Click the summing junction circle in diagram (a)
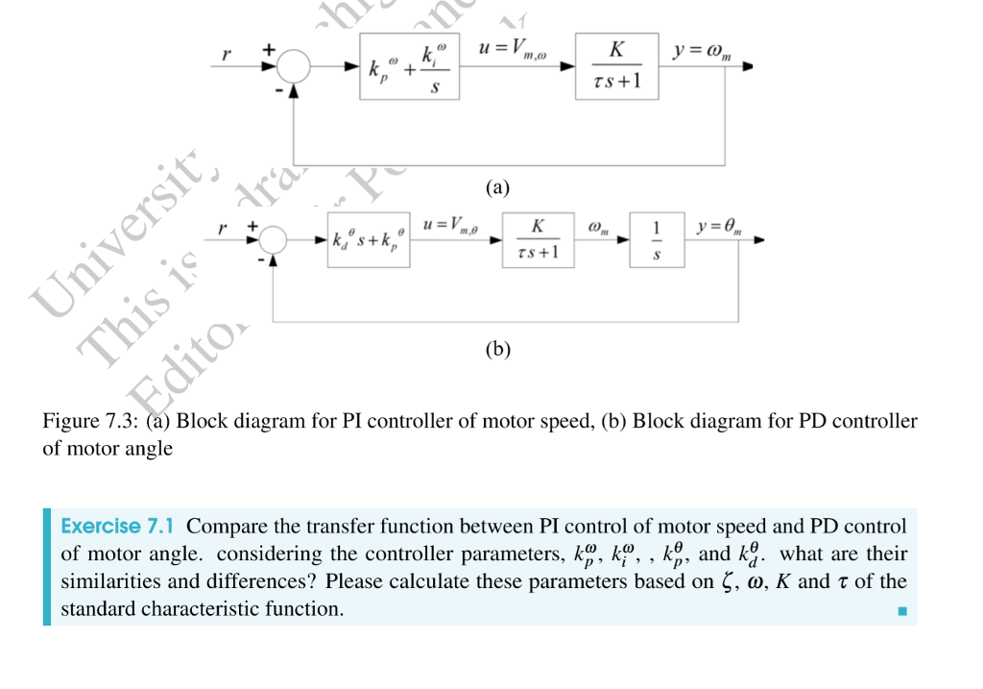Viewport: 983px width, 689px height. click(x=293, y=67)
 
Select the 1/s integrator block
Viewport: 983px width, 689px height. click(x=657, y=239)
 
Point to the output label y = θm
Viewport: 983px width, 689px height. click(x=720, y=227)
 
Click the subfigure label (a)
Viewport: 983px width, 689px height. click(x=497, y=187)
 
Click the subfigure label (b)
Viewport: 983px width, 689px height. click(x=497, y=349)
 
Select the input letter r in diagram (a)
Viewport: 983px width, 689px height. click(x=226, y=55)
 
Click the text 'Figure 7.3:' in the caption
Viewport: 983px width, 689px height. click(x=92, y=422)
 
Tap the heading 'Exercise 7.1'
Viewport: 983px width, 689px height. click(x=116, y=527)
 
